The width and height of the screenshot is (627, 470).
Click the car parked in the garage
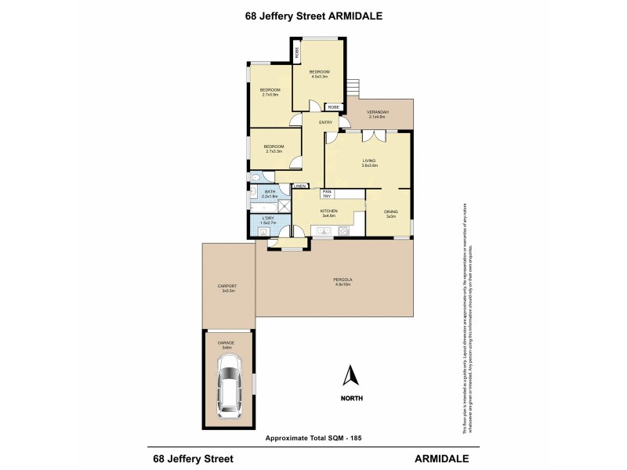coord(229,384)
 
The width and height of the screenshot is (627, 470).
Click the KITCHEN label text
coord(328,211)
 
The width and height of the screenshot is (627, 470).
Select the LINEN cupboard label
coord(299,186)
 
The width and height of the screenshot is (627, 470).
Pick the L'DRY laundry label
coord(269,220)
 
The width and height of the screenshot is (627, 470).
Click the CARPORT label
coord(228,287)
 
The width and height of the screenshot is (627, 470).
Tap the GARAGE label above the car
coord(227,342)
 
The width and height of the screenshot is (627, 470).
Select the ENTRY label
coord(326,122)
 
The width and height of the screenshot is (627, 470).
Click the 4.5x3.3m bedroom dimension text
coord(319,77)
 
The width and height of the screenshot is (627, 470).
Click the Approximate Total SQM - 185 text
coord(313,436)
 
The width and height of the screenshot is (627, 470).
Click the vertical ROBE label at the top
coord(297,52)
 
